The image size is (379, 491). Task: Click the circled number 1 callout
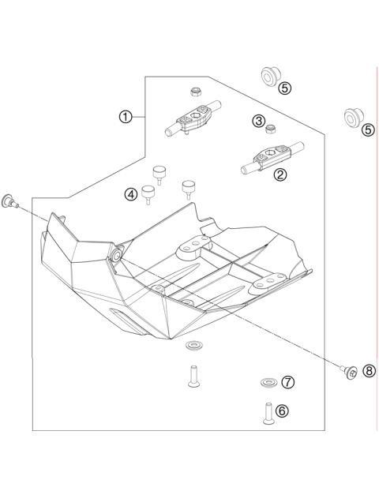[x=125, y=117]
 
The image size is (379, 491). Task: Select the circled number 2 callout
[x=280, y=175]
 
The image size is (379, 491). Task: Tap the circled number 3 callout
[x=259, y=121]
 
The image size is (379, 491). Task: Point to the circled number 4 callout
[x=130, y=193]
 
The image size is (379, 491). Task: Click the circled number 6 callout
[x=283, y=410]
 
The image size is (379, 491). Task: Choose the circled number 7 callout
[x=288, y=382]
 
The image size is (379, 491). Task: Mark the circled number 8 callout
[x=369, y=371]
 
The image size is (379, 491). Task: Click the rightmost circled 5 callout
[x=367, y=130]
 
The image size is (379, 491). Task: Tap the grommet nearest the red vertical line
[x=348, y=118]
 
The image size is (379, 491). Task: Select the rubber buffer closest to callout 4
[x=148, y=193]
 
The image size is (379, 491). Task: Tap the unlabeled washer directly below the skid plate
[x=193, y=346]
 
